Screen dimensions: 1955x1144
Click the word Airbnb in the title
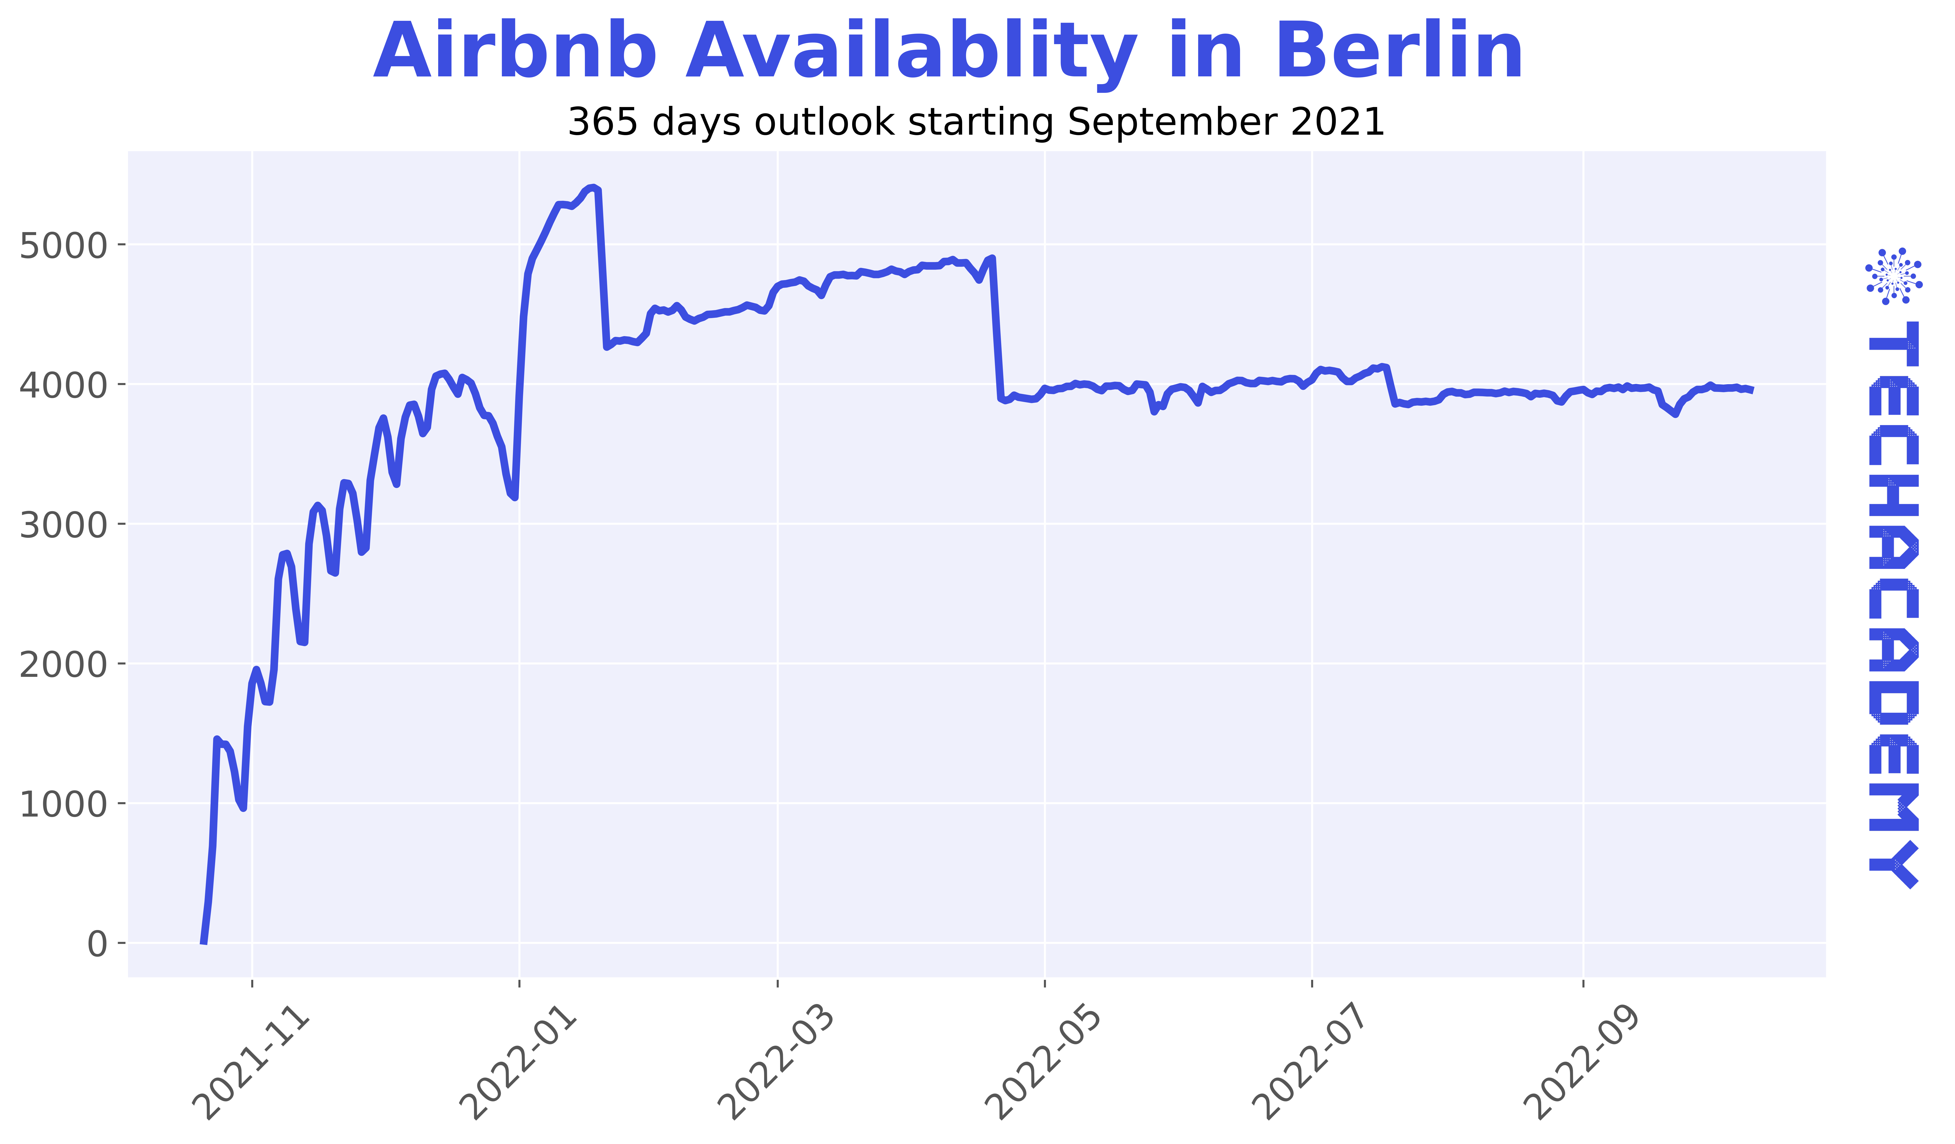[515, 52]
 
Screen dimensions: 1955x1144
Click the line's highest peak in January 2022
[593, 186]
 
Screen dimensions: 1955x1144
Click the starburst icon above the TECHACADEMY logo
[1894, 276]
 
